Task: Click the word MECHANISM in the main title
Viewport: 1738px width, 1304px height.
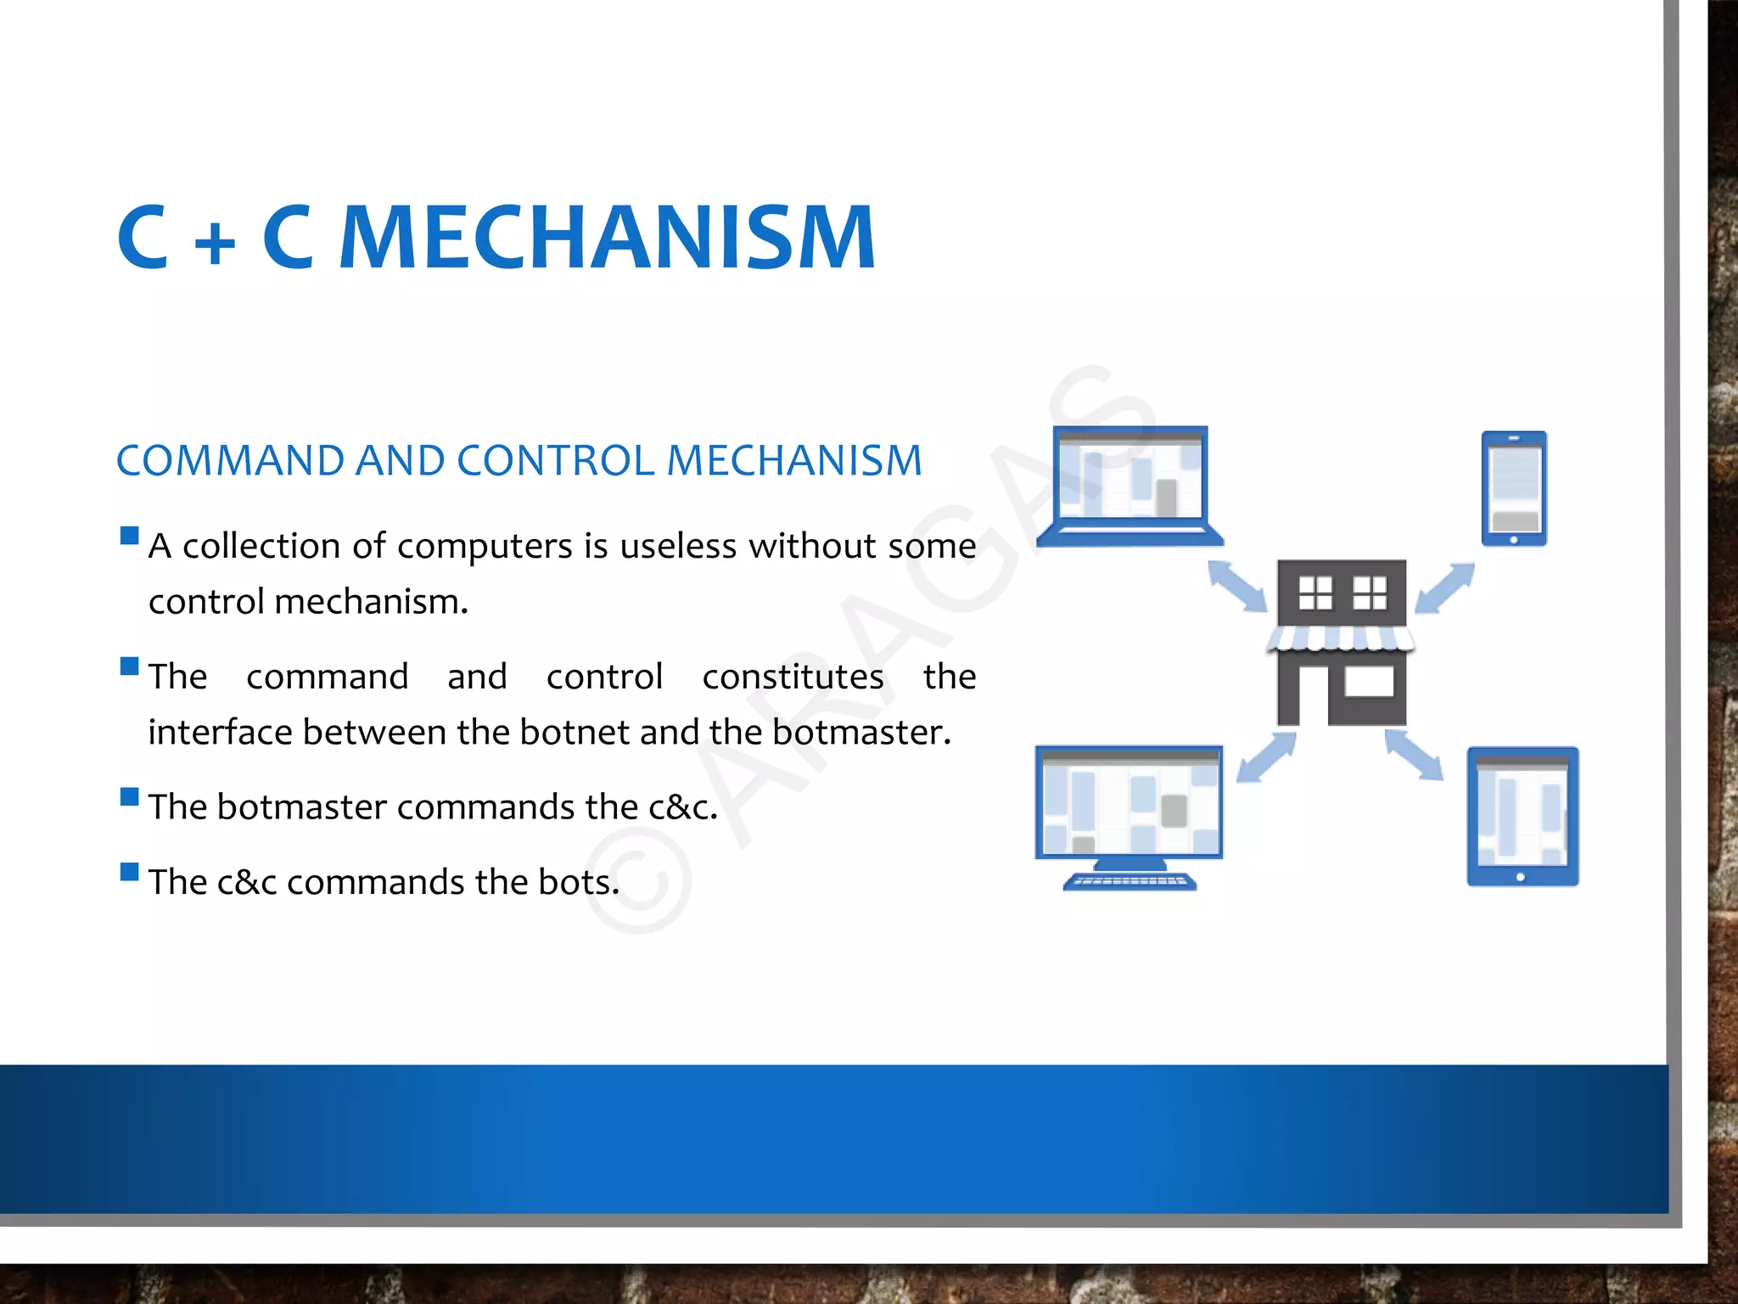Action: tap(607, 239)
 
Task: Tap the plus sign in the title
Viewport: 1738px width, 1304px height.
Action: tap(215, 243)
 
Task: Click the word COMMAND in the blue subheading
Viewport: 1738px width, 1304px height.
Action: tap(231, 461)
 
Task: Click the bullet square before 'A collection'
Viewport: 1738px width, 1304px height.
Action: tap(130, 536)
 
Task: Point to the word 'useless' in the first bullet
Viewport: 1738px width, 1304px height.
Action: tap(678, 546)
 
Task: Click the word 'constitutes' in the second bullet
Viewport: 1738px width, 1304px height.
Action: tap(793, 677)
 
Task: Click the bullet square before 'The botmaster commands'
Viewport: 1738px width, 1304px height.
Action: tap(130, 796)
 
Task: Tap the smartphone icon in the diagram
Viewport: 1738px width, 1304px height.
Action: tap(1514, 489)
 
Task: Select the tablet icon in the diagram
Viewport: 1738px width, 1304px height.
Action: tap(1522, 816)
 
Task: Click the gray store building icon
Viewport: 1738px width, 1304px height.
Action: tap(1341, 643)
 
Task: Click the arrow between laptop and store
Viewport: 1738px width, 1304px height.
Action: tap(1237, 586)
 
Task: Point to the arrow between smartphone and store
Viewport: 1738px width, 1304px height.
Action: tap(1445, 587)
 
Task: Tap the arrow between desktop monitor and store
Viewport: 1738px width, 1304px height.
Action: tap(1266, 756)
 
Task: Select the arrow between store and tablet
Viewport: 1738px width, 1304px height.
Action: tap(1414, 755)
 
